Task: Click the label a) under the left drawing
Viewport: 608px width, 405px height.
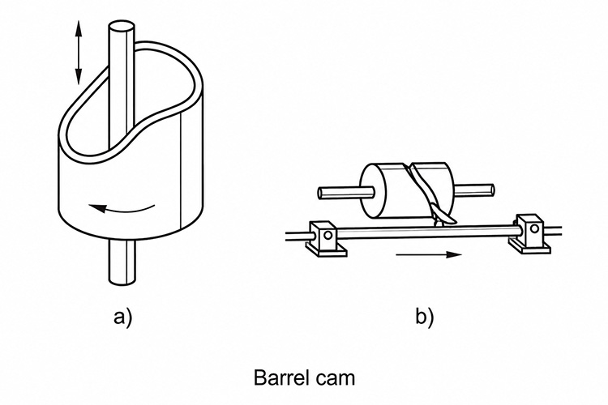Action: [x=123, y=317]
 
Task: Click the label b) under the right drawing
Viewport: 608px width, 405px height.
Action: [x=425, y=316]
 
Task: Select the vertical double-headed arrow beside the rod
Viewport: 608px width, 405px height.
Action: [x=79, y=53]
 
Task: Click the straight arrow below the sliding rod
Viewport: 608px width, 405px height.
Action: [x=429, y=254]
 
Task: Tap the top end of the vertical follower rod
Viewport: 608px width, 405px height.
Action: [x=122, y=28]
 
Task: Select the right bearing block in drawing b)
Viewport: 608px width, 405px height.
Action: [x=530, y=233]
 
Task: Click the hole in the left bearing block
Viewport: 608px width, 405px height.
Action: [x=328, y=235]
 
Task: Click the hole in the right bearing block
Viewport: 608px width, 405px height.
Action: [x=535, y=228]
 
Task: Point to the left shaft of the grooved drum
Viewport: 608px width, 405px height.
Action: [x=346, y=192]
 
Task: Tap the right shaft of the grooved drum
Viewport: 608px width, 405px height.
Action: [x=473, y=190]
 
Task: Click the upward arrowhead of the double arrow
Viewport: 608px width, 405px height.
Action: [x=79, y=27]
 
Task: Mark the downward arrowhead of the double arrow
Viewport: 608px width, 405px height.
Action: [x=79, y=77]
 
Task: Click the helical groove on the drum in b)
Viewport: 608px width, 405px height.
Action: [x=422, y=186]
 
